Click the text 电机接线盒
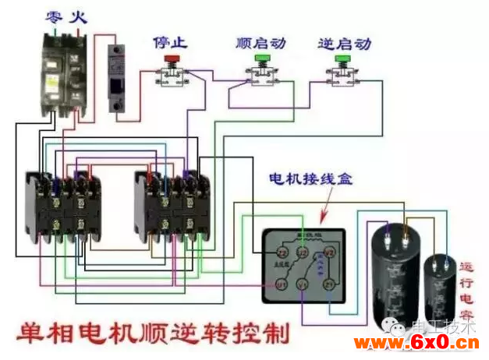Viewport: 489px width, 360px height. tap(310, 178)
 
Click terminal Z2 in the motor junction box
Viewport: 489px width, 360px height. tap(282, 252)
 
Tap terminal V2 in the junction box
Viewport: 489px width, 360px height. tap(329, 252)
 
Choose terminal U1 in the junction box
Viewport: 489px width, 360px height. tap(282, 285)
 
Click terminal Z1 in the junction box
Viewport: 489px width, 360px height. tap(329, 285)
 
